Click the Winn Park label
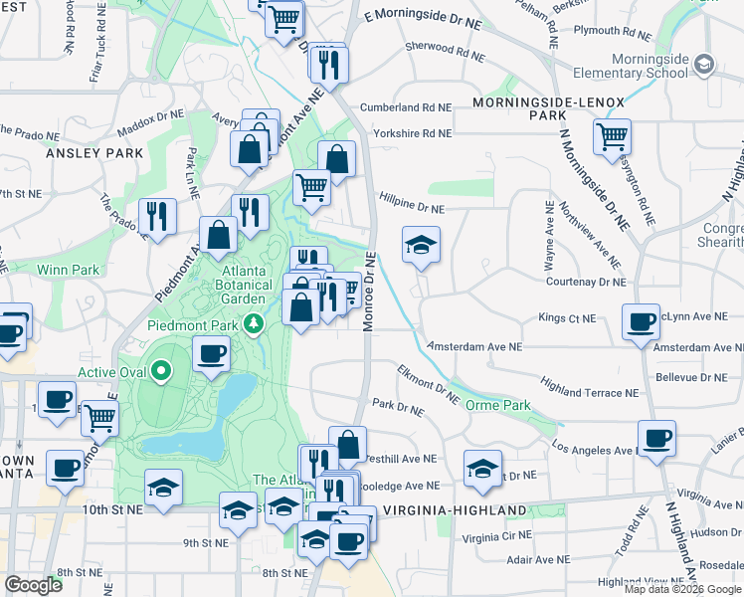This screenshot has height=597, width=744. pos(68,269)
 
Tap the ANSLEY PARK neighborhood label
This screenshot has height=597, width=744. pos(94,153)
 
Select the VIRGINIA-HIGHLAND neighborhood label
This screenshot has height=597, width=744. pos(460,510)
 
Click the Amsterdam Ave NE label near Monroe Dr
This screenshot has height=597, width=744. pos(473,347)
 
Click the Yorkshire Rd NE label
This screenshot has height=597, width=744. pos(413,133)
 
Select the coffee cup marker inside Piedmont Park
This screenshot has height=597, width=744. pos(210,354)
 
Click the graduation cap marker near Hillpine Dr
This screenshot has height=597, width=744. pos(421,244)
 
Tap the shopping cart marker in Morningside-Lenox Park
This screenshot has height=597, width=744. pos(612,135)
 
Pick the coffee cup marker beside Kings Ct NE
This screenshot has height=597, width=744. pos(641,320)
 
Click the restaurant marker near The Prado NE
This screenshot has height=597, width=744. pos(157,215)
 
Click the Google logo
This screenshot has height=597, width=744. pos(33,585)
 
